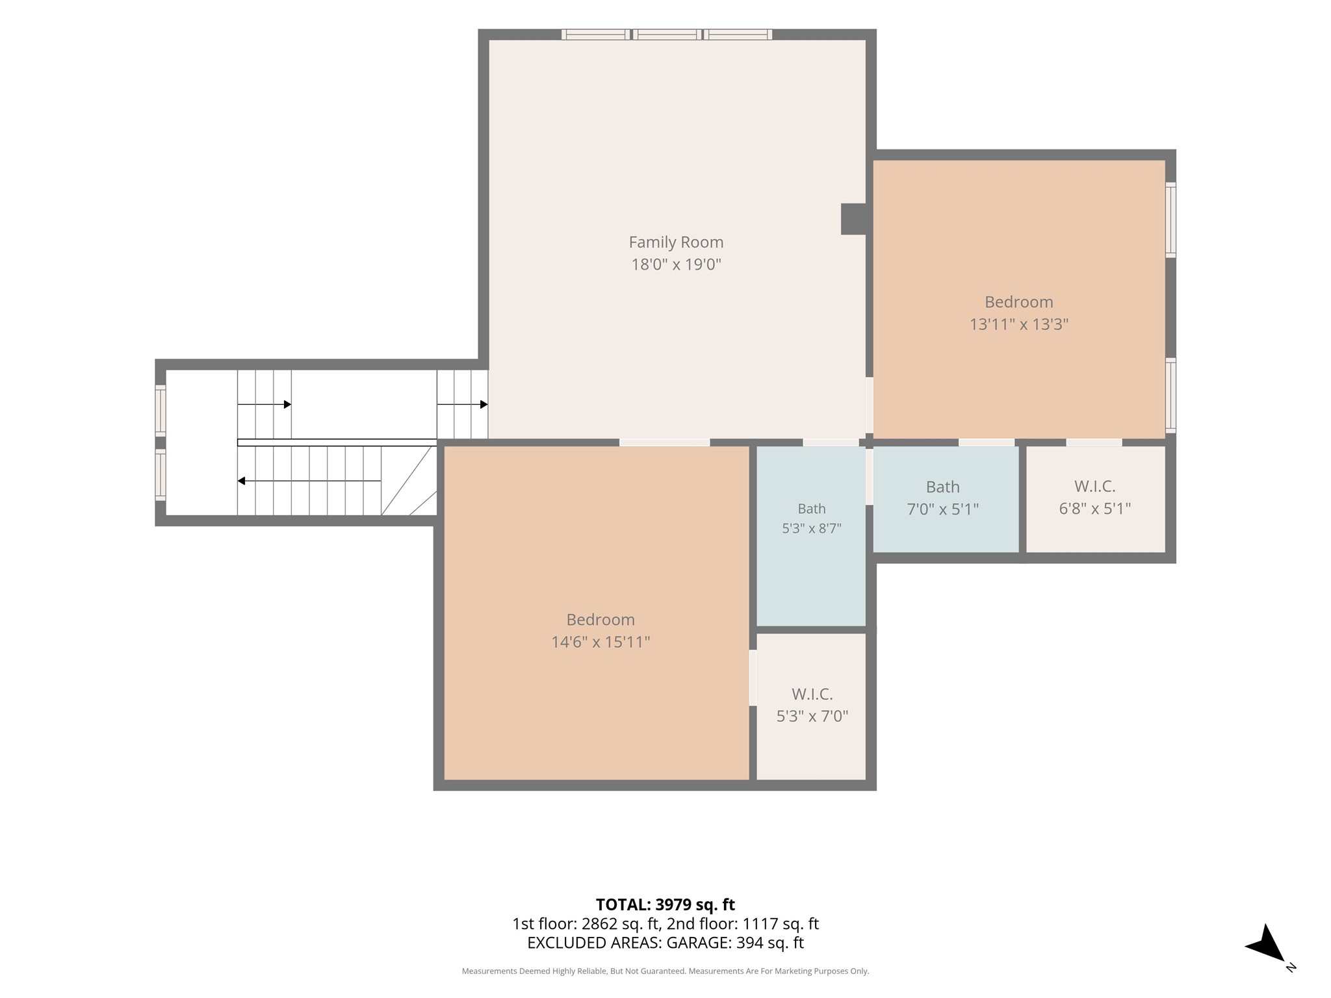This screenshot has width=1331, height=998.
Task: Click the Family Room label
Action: pyautogui.click(x=676, y=242)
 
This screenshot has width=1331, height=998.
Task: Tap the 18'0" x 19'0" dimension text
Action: pyautogui.click(x=677, y=264)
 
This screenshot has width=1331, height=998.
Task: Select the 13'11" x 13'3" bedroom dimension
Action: pyautogui.click(x=1019, y=324)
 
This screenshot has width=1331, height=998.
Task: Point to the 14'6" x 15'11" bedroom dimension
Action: pyautogui.click(x=601, y=642)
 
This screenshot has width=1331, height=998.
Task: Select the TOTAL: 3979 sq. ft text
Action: pyautogui.click(x=665, y=904)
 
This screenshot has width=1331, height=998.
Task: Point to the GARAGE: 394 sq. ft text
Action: pyautogui.click(x=735, y=943)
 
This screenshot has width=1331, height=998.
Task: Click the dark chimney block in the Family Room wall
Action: pyautogui.click(x=853, y=219)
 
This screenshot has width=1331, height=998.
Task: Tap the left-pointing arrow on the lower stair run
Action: pyautogui.click(x=309, y=481)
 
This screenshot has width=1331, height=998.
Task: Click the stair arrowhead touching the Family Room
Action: pyautogui.click(x=484, y=404)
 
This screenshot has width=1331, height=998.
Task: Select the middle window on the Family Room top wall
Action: pyautogui.click(x=667, y=34)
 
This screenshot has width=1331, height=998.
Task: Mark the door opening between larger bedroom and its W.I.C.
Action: pyautogui.click(x=753, y=678)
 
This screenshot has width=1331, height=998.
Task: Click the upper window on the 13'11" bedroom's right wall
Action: pyautogui.click(x=1170, y=220)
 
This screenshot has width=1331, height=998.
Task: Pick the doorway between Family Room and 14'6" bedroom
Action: pyautogui.click(x=664, y=442)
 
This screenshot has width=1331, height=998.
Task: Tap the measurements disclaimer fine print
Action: pyautogui.click(x=665, y=971)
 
